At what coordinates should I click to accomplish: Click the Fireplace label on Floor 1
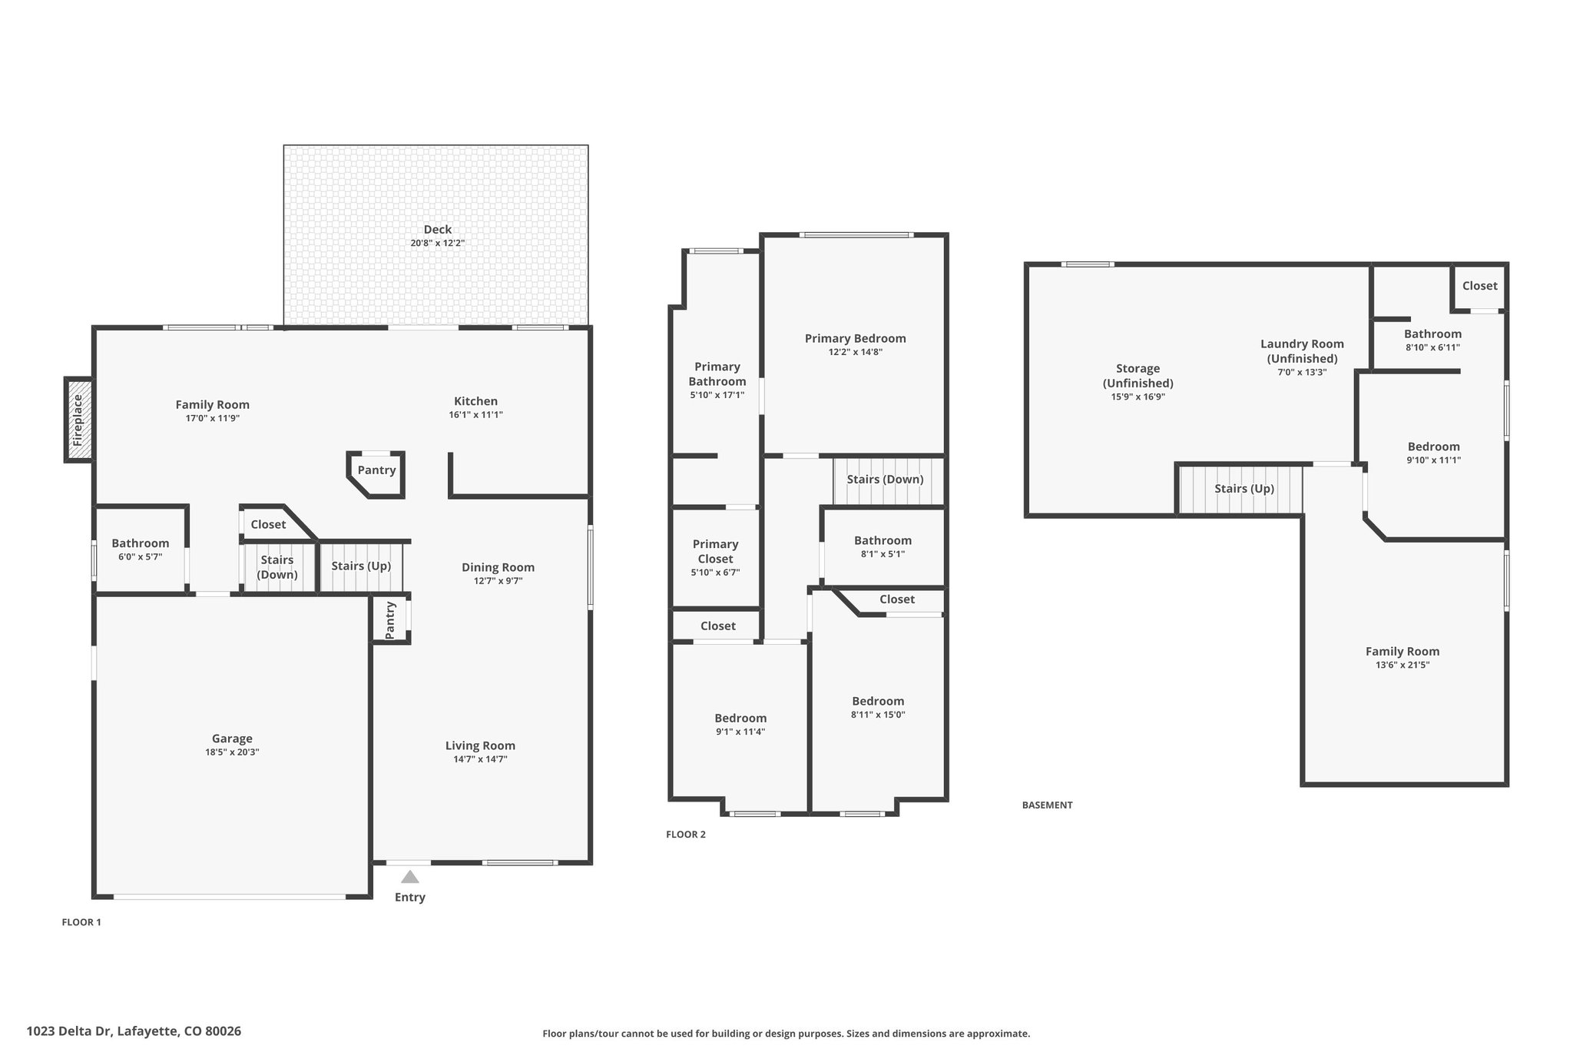(x=78, y=420)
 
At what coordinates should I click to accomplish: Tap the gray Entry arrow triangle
(x=410, y=877)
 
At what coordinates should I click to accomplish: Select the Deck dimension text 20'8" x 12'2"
(x=438, y=243)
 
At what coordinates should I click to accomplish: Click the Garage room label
(x=232, y=739)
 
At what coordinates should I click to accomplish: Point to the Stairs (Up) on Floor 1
(x=361, y=566)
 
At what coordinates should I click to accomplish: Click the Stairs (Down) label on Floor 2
(x=885, y=480)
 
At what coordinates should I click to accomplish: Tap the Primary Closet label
(x=716, y=551)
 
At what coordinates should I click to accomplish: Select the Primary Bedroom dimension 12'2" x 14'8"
(x=856, y=352)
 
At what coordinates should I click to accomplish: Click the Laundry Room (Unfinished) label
(x=1303, y=351)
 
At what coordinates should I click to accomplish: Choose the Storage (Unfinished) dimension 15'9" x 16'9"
(x=1138, y=397)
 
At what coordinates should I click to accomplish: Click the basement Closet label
(x=1479, y=286)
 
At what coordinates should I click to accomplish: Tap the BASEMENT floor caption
(x=1047, y=805)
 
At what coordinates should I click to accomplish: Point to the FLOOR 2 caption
(x=686, y=835)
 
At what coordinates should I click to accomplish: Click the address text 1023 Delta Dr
(x=70, y=1031)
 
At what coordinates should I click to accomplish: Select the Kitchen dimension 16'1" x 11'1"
(x=476, y=414)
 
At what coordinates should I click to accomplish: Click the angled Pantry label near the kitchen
(x=376, y=470)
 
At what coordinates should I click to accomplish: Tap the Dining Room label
(x=498, y=567)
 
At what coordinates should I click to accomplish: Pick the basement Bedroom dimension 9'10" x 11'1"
(x=1434, y=460)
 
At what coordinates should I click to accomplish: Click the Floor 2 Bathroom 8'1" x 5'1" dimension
(x=883, y=553)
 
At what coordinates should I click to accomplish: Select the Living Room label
(x=480, y=745)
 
